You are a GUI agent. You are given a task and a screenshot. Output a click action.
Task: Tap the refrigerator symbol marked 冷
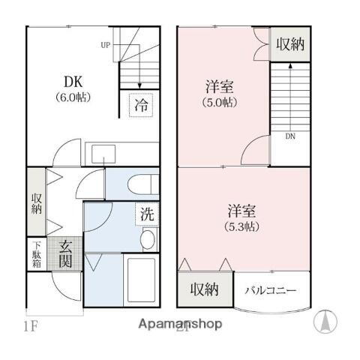point(141,106)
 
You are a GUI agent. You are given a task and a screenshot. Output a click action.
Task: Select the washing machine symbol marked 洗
point(148,214)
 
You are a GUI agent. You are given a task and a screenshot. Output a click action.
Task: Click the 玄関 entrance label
point(64,253)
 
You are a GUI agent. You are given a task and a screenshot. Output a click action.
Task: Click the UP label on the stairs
point(105,45)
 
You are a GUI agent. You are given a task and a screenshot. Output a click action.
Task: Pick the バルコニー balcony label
point(272,291)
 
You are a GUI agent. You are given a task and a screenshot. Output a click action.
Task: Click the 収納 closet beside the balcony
point(204,289)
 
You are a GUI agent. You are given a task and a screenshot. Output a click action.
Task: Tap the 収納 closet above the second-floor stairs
point(289,43)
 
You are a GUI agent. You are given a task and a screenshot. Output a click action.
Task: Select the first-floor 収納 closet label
point(36,202)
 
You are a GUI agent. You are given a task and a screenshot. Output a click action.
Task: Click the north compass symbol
point(326,320)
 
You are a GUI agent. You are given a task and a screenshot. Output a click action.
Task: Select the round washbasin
point(148,239)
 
